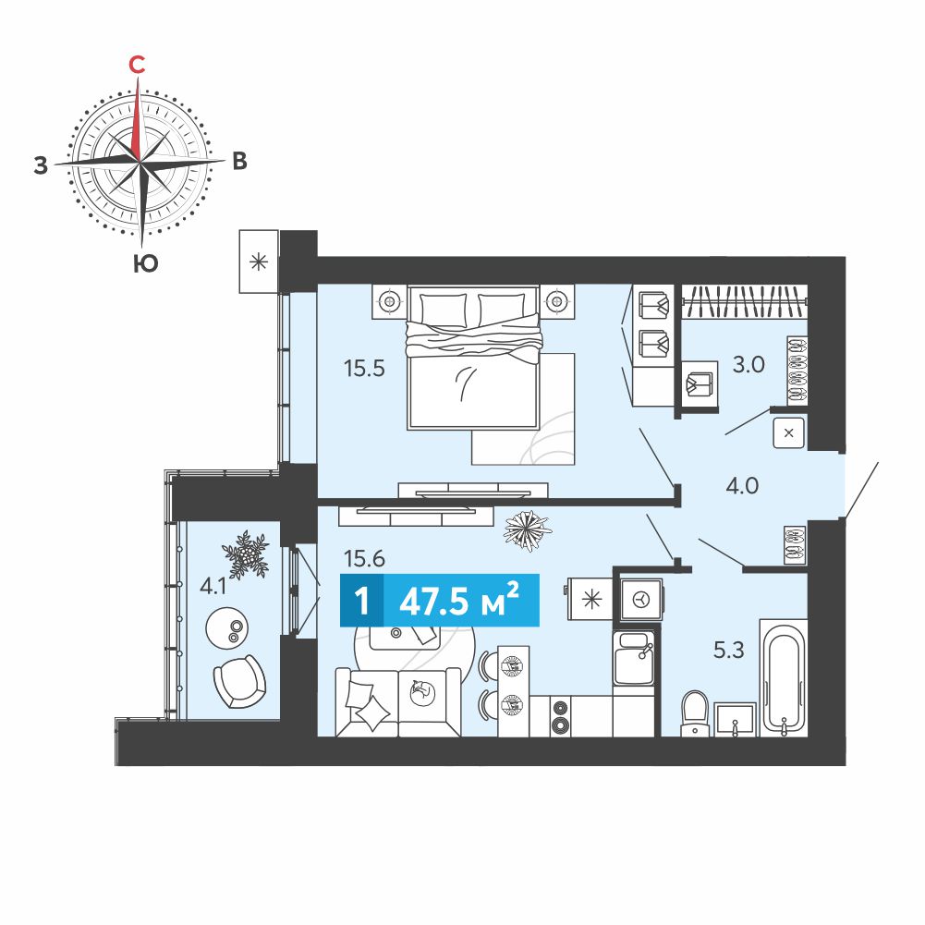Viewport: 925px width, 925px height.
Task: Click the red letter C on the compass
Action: tap(137, 65)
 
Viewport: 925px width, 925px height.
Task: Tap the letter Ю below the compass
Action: tap(145, 263)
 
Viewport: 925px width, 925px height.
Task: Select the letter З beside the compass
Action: tap(40, 165)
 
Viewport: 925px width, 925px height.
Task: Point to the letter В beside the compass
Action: tap(239, 161)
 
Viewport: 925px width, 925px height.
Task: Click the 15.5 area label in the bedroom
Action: tap(364, 369)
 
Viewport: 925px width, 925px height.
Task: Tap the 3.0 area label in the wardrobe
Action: tap(749, 365)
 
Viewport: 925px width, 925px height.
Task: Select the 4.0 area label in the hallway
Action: tap(742, 486)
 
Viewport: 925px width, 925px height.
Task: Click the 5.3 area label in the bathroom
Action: tap(729, 651)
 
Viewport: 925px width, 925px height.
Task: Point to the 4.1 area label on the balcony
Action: tap(213, 587)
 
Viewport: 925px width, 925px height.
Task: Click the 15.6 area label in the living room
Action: tap(365, 558)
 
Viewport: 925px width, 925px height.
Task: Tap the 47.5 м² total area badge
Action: tap(440, 601)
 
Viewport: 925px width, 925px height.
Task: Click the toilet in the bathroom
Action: tap(695, 713)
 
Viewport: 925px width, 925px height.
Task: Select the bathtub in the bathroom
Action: tap(783, 678)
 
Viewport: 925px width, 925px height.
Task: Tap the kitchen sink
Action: tap(634, 658)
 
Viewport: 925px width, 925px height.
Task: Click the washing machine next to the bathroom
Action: tap(640, 600)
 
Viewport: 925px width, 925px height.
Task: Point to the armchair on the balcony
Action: tap(239, 681)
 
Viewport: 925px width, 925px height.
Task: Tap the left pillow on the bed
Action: tap(443, 309)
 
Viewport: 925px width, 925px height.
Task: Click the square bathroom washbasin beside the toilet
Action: tap(735, 719)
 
